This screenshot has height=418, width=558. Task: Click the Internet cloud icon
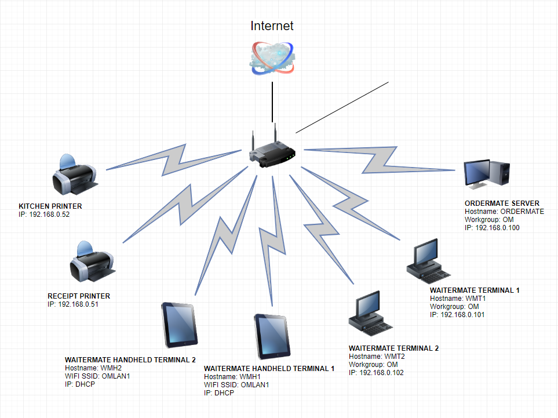(x=272, y=58)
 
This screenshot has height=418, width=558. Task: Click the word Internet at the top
(x=272, y=26)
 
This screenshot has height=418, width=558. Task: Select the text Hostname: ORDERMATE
(x=504, y=212)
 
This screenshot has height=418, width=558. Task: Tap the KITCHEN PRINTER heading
(x=50, y=206)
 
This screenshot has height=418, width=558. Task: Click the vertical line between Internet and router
(x=272, y=101)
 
